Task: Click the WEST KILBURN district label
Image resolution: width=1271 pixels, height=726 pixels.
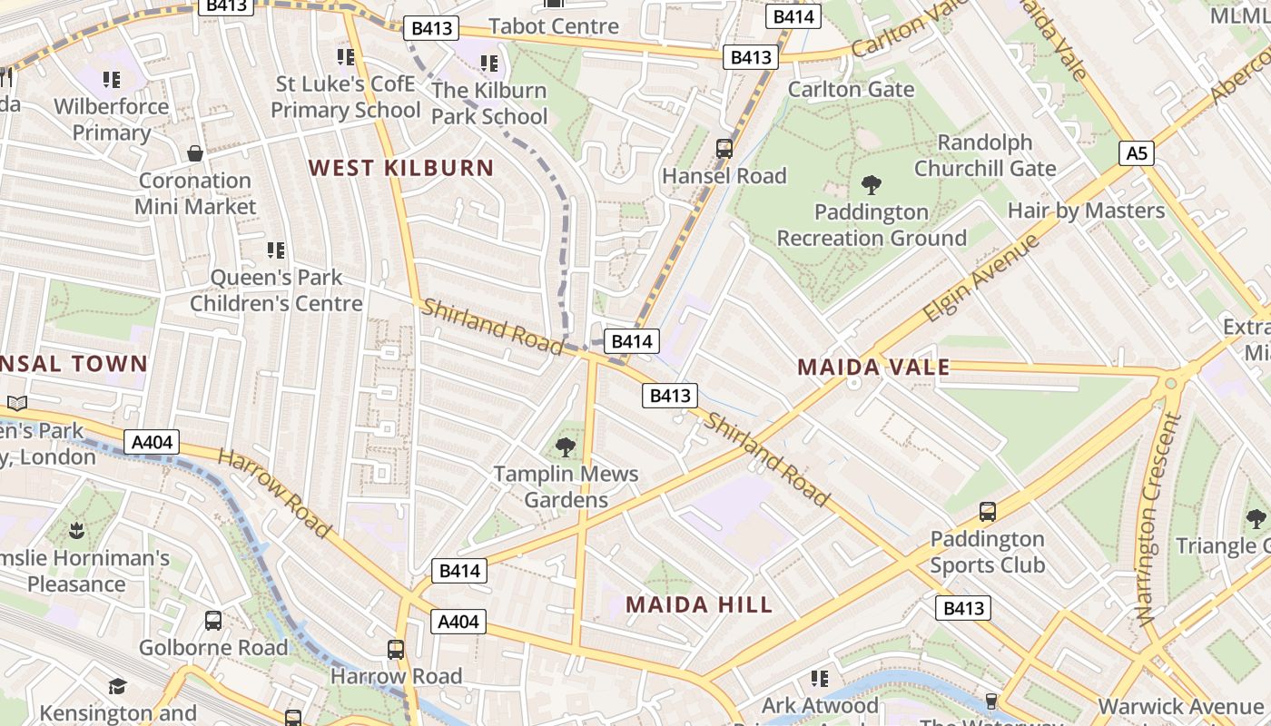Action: point(401,168)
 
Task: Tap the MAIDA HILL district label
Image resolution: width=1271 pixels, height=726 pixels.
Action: point(699,604)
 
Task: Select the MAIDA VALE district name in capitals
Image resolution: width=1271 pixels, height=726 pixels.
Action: point(873,368)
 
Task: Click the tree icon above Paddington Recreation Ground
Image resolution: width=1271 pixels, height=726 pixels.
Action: point(872,185)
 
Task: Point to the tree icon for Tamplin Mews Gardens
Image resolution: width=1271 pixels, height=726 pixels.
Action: point(566,446)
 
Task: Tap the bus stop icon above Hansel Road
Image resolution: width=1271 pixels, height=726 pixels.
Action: point(724,149)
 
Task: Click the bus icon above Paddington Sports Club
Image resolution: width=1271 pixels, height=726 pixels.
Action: point(988,512)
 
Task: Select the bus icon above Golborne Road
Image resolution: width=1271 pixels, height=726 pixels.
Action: point(213,621)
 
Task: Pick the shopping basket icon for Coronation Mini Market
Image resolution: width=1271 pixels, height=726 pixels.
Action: point(194,153)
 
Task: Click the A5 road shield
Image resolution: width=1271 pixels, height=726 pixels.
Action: point(1137,153)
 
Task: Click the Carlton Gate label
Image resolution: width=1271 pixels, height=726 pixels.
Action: point(851,89)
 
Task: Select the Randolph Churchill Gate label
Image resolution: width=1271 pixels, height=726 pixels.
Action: point(985,155)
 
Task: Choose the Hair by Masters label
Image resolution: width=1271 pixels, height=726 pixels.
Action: point(1086,211)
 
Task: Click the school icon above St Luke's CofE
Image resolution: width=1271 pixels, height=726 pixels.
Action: point(345,58)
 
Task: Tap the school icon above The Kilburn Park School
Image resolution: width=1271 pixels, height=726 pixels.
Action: point(489,64)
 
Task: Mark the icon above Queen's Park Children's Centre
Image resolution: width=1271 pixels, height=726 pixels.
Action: point(276,250)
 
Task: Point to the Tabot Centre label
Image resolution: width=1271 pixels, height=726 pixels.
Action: point(553,26)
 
